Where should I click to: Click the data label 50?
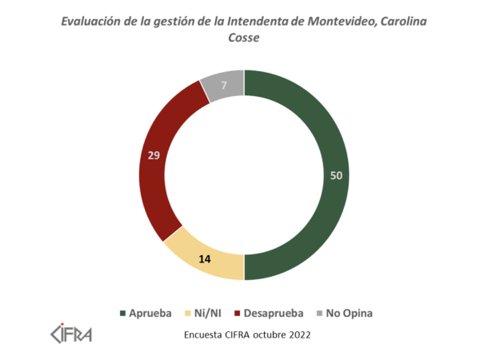338,175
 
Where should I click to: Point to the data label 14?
205,258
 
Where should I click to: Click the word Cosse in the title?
244,38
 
